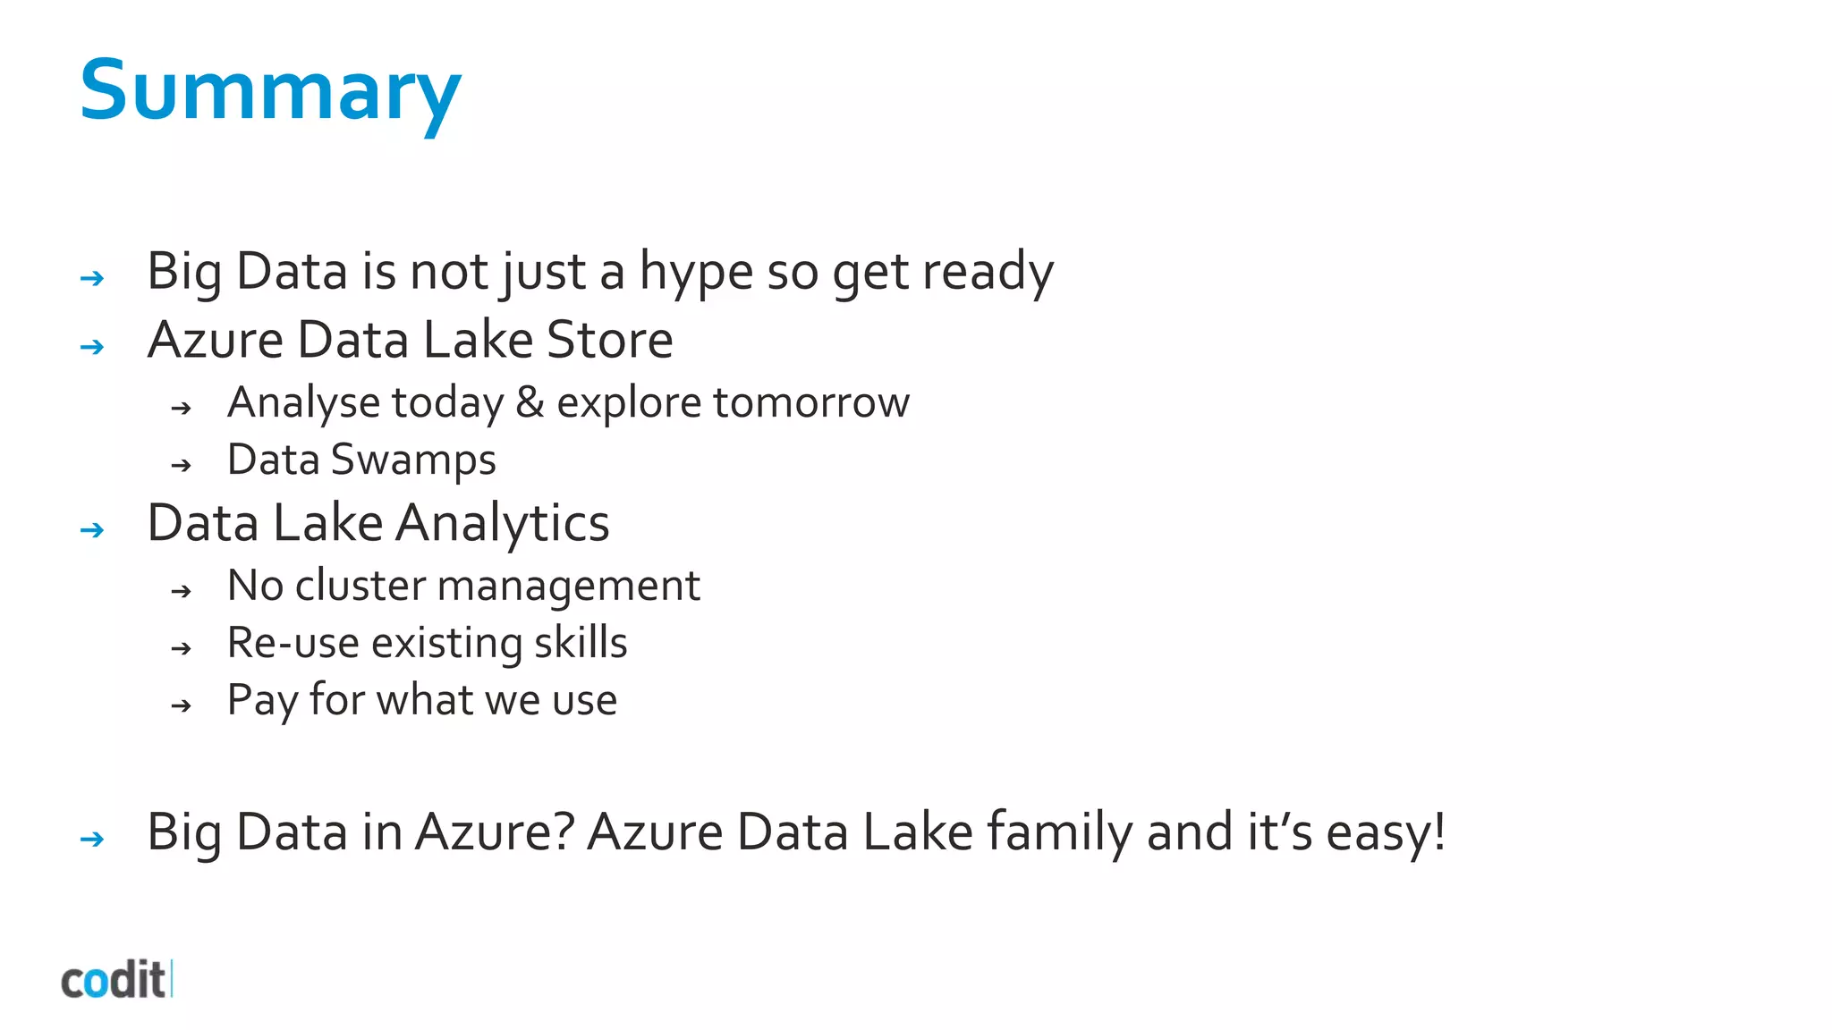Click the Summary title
[270, 91]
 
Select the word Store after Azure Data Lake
[609, 341]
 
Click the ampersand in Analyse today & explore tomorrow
[530, 402]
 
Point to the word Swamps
[413, 460]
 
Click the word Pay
[261, 700]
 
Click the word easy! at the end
[1386, 832]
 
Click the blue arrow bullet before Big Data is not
[92, 279]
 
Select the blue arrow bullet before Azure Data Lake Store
[92, 347]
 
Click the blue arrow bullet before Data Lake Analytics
[92, 530]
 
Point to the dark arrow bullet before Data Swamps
[182, 466]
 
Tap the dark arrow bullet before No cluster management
[182, 592]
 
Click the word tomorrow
[811, 402]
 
